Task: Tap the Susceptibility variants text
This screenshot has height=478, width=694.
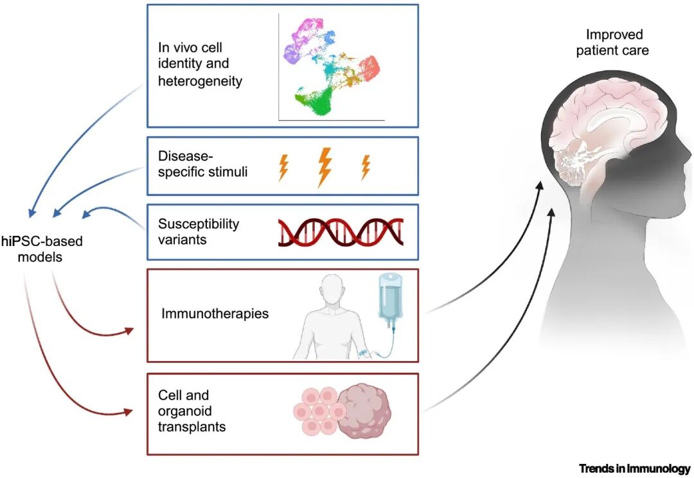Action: (198, 231)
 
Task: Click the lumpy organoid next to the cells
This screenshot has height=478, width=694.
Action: (362, 412)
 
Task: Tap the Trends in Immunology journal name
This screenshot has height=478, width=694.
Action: (634, 468)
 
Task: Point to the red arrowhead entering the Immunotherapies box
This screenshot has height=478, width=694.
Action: (130, 331)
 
